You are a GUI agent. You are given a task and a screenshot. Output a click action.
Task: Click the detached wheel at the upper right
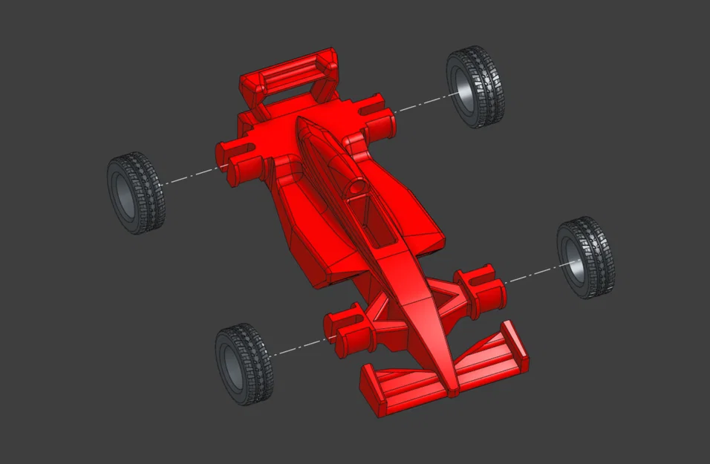click(x=475, y=86)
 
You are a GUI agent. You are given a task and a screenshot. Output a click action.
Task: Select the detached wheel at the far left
click(x=136, y=193)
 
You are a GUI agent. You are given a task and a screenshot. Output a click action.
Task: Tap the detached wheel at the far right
click(x=586, y=258)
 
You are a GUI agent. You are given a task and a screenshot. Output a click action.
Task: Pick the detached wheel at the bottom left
click(x=244, y=364)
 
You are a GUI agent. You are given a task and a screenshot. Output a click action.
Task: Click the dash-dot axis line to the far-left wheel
click(x=189, y=176)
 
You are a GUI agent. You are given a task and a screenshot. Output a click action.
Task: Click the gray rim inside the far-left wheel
click(x=123, y=195)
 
